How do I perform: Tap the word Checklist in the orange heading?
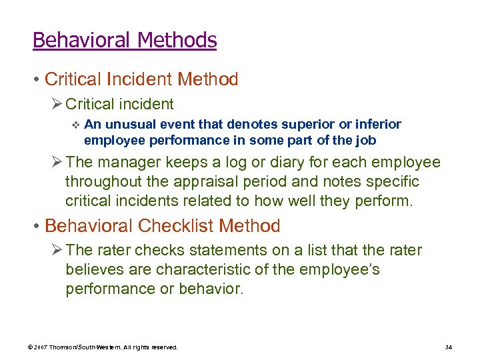(177, 226)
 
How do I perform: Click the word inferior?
(378, 125)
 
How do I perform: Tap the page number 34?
(448, 348)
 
